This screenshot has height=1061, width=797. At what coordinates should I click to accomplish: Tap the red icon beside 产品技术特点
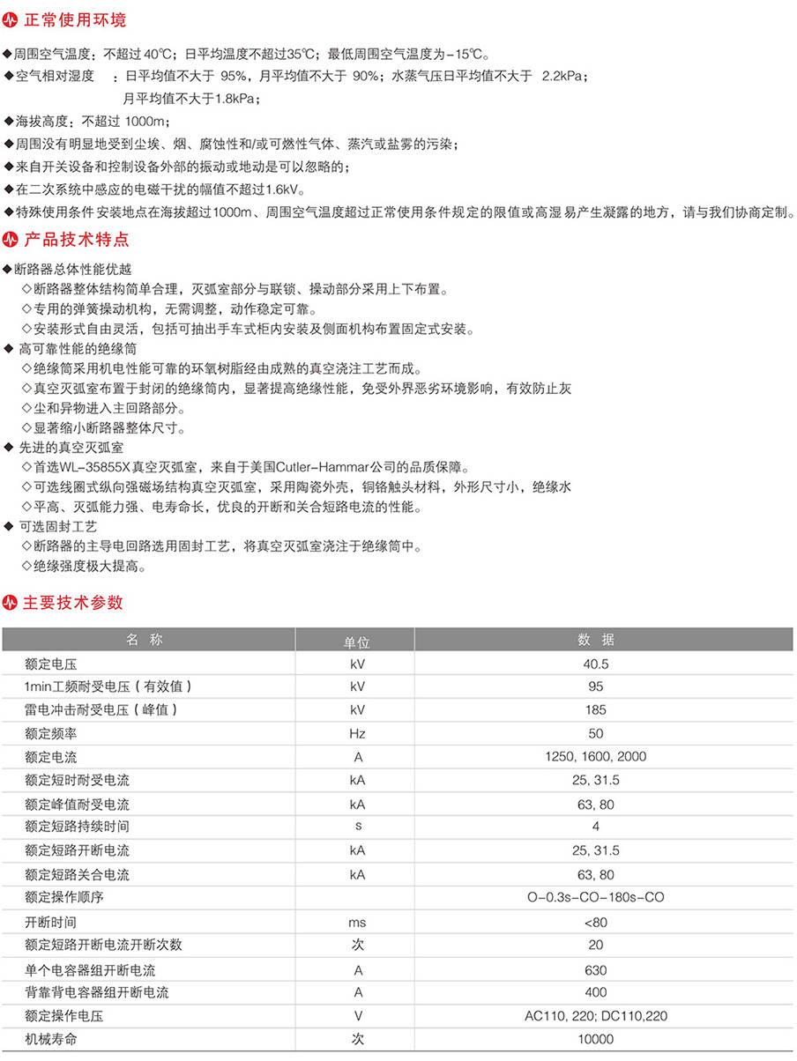(x=11, y=239)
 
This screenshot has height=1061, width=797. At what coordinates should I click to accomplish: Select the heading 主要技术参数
(x=72, y=603)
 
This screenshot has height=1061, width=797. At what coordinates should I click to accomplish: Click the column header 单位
(x=356, y=641)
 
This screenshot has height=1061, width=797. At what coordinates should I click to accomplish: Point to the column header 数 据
(x=596, y=640)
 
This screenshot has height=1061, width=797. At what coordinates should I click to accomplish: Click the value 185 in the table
(x=596, y=710)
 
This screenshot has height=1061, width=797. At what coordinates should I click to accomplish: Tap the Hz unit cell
(x=356, y=734)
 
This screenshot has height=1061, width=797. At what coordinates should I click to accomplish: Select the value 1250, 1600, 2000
(x=596, y=757)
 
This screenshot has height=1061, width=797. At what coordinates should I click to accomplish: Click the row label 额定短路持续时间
(x=78, y=827)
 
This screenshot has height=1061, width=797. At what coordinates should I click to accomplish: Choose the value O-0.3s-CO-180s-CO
(x=595, y=898)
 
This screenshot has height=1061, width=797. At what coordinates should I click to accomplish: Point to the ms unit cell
(x=356, y=923)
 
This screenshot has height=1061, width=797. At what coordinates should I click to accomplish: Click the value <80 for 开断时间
(x=596, y=923)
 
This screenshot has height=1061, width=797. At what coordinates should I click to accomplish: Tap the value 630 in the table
(x=596, y=970)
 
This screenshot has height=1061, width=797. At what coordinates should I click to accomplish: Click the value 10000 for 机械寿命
(x=596, y=1040)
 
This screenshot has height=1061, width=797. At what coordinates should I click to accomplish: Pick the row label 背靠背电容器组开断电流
(x=97, y=993)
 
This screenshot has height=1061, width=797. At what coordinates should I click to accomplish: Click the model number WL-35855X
(x=101, y=466)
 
